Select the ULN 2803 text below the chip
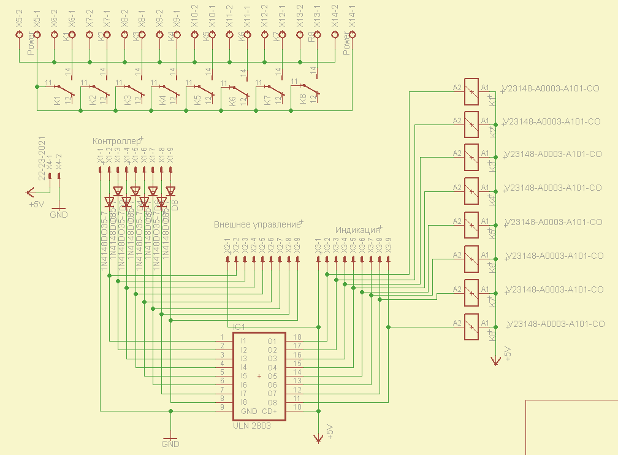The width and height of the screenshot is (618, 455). point(252,426)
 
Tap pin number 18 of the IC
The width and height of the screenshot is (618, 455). point(297,337)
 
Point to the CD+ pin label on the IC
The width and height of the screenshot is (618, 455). point(270,411)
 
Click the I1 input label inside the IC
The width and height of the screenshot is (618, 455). point(243,341)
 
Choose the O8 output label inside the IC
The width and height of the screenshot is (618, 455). point(272,402)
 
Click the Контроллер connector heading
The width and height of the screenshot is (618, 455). point(116,142)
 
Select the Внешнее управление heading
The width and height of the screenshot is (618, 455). point(257,224)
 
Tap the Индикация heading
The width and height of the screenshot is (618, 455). point(357,230)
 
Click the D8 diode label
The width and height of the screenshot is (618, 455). point(175,205)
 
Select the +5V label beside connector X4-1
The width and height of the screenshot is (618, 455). point(36,204)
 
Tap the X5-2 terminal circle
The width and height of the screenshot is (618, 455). point(20,35)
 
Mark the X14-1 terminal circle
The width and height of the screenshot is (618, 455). point(353,35)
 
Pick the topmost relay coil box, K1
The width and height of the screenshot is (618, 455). point(471,91)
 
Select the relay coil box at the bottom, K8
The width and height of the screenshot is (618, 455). point(471,326)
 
